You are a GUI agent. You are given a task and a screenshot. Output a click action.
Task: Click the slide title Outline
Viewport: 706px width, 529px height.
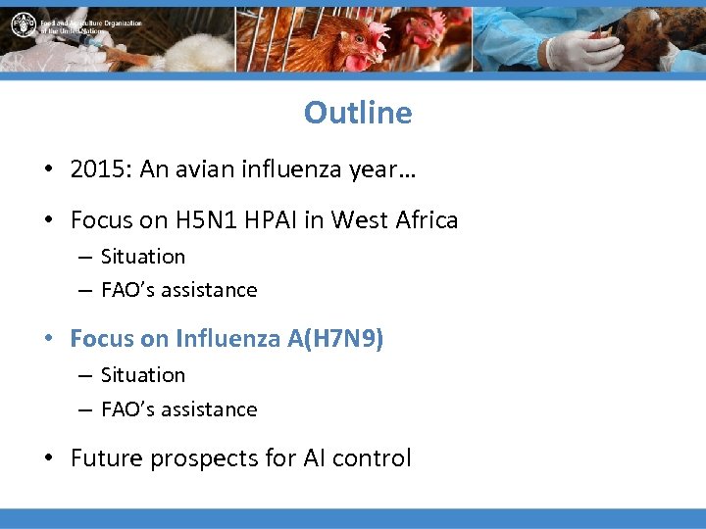[358, 113]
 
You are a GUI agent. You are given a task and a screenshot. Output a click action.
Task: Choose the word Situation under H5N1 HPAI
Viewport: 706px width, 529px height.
[143, 257]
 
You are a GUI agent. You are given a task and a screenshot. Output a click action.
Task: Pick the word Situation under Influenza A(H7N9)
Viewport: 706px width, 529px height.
[143, 375]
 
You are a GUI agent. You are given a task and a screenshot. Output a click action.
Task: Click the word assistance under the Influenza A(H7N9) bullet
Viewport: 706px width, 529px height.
[211, 409]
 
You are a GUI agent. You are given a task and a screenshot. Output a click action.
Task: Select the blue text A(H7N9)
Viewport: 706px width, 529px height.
[335, 339]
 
